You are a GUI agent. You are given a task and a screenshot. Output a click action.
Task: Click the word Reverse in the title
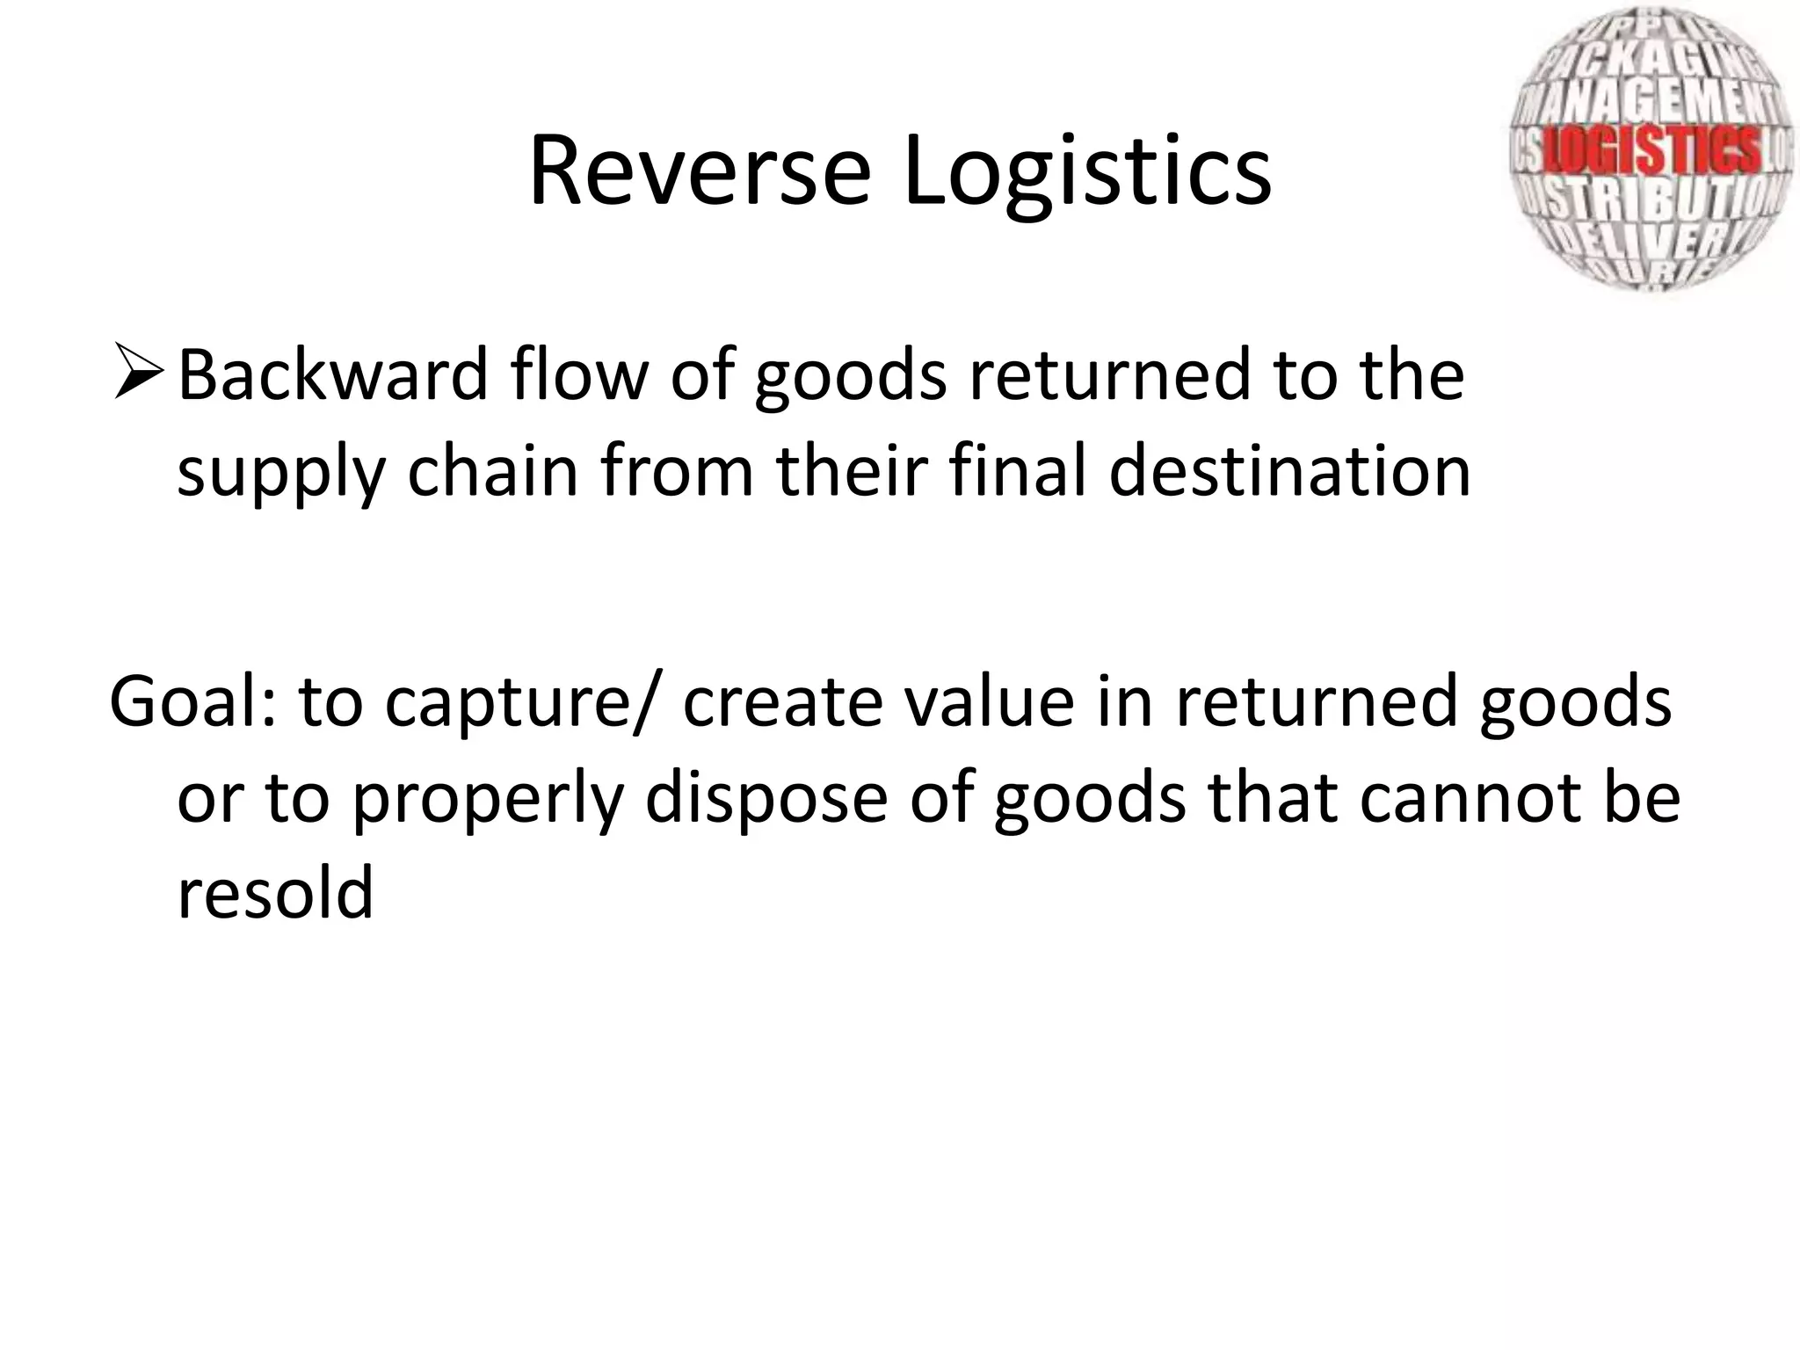[x=700, y=171]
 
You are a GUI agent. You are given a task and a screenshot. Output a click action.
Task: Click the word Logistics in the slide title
[x=1086, y=171]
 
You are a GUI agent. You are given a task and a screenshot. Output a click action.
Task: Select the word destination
[x=1289, y=470]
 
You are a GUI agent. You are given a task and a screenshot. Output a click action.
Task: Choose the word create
[x=782, y=702]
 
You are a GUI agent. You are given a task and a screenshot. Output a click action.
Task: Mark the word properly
[x=487, y=801]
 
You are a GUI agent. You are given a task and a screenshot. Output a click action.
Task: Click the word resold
[x=275, y=892]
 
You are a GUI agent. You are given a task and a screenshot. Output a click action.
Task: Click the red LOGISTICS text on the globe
[x=1652, y=149]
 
